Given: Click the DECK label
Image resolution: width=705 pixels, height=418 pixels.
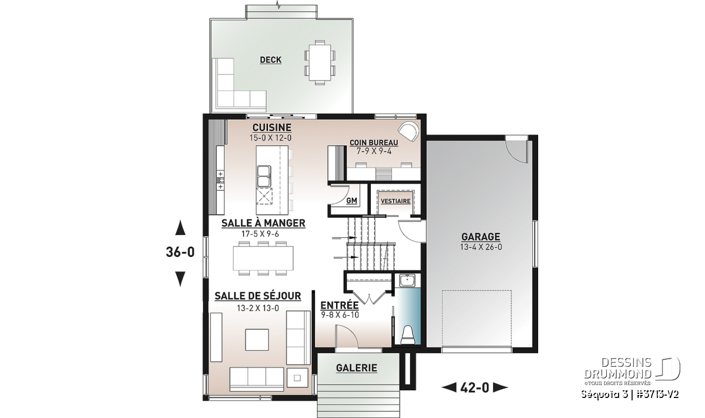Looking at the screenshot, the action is (x=271, y=60).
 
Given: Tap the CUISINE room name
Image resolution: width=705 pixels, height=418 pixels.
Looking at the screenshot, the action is (x=272, y=128).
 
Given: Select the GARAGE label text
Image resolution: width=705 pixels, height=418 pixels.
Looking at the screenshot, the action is (x=481, y=236).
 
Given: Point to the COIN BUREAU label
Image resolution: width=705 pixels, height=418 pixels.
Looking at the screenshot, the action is (x=374, y=143).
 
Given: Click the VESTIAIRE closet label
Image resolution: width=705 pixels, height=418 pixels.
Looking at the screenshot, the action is (x=395, y=201).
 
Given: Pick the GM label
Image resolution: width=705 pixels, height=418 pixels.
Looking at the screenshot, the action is (x=351, y=200).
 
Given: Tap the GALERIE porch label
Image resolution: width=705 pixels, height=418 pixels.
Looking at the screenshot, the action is (x=357, y=368).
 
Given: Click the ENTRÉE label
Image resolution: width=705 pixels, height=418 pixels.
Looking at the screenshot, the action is (x=340, y=305).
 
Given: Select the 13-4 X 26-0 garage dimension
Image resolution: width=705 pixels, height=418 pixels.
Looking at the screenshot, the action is (x=481, y=247).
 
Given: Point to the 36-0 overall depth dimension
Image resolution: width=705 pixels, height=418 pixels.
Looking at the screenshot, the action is (x=180, y=252).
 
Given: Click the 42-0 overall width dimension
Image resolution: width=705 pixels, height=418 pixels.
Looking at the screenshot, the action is (x=475, y=388).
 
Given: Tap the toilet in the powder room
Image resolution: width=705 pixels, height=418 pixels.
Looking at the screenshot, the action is (x=408, y=335).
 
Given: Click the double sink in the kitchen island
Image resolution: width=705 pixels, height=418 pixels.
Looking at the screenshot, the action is (x=264, y=176).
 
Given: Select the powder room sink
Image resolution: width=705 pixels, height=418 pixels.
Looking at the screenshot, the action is (x=407, y=280).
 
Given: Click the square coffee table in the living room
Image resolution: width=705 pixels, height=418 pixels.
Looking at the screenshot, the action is (x=257, y=340).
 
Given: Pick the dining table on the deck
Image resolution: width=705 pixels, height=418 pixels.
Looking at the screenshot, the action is (x=320, y=63).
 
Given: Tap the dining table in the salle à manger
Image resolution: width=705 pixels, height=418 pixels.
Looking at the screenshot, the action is (x=263, y=258).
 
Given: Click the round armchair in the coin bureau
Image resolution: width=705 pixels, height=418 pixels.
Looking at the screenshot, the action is (x=408, y=133).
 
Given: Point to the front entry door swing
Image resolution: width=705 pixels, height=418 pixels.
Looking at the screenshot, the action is (x=346, y=336).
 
